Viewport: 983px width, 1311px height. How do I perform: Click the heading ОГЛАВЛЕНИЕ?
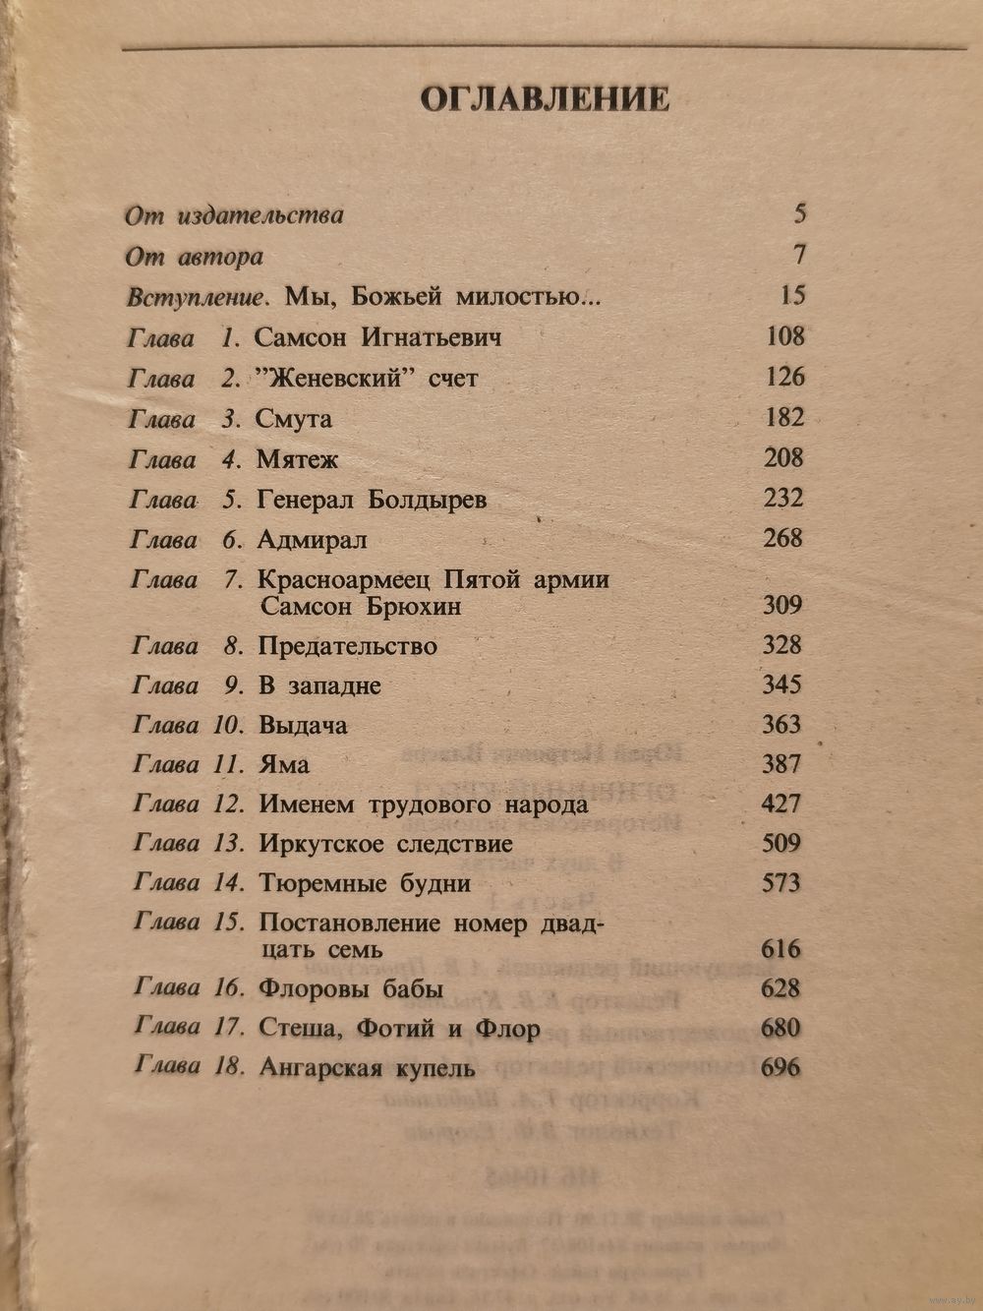(x=545, y=98)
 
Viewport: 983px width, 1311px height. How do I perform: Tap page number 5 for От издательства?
(x=798, y=214)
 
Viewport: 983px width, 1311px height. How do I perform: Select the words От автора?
(x=195, y=257)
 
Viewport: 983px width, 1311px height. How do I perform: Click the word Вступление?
(x=199, y=296)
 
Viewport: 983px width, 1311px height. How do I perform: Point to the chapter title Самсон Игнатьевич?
(x=378, y=337)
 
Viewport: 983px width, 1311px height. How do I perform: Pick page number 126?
(x=784, y=377)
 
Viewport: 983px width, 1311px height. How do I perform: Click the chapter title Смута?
(x=294, y=419)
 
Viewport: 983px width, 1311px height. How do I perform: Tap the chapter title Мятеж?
(x=298, y=459)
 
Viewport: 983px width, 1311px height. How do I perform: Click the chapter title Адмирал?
(x=312, y=540)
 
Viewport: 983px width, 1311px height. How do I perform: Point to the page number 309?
(x=782, y=605)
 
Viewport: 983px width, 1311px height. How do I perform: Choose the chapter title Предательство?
(x=348, y=646)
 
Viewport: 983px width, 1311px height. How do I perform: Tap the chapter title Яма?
(x=284, y=765)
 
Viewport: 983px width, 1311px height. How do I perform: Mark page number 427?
(x=781, y=804)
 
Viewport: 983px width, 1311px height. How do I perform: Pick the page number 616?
(x=781, y=949)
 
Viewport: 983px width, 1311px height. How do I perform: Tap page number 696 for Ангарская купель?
(x=781, y=1067)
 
